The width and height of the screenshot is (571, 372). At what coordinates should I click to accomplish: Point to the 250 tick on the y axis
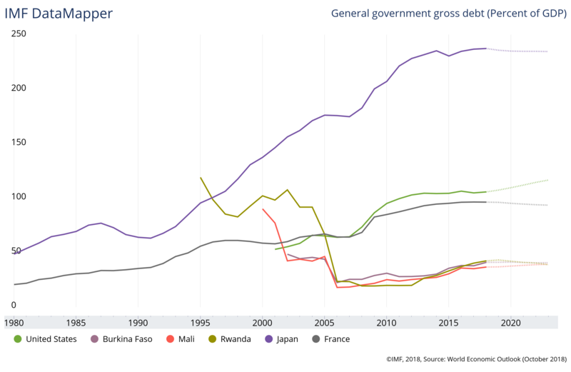pyautogui.click(x=19, y=34)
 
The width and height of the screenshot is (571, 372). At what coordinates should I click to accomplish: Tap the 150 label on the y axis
pyautogui.click(x=19, y=142)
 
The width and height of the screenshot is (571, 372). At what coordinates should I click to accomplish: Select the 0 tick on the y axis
pyautogui.click(x=14, y=305)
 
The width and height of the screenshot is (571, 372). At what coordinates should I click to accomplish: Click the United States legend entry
pyautogui.click(x=46, y=339)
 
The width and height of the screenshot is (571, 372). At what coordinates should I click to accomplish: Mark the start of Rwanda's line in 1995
pyautogui.click(x=201, y=178)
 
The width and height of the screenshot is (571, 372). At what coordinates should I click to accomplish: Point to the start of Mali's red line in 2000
pyautogui.click(x=263, y=209)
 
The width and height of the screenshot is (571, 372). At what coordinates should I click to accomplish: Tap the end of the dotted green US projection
pyautogui.click(x=548, y=180)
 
